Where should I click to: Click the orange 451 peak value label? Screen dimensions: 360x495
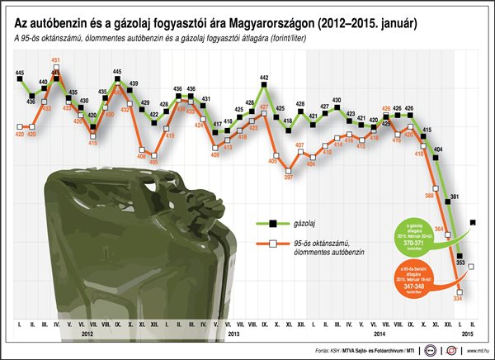coord(55,60)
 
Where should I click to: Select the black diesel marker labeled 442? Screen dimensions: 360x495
coord(264,87)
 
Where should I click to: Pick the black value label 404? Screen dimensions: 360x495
coord(438,149)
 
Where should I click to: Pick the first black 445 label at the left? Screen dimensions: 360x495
coord(19,74)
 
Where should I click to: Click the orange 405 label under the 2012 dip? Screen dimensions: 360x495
coord(153,163)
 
